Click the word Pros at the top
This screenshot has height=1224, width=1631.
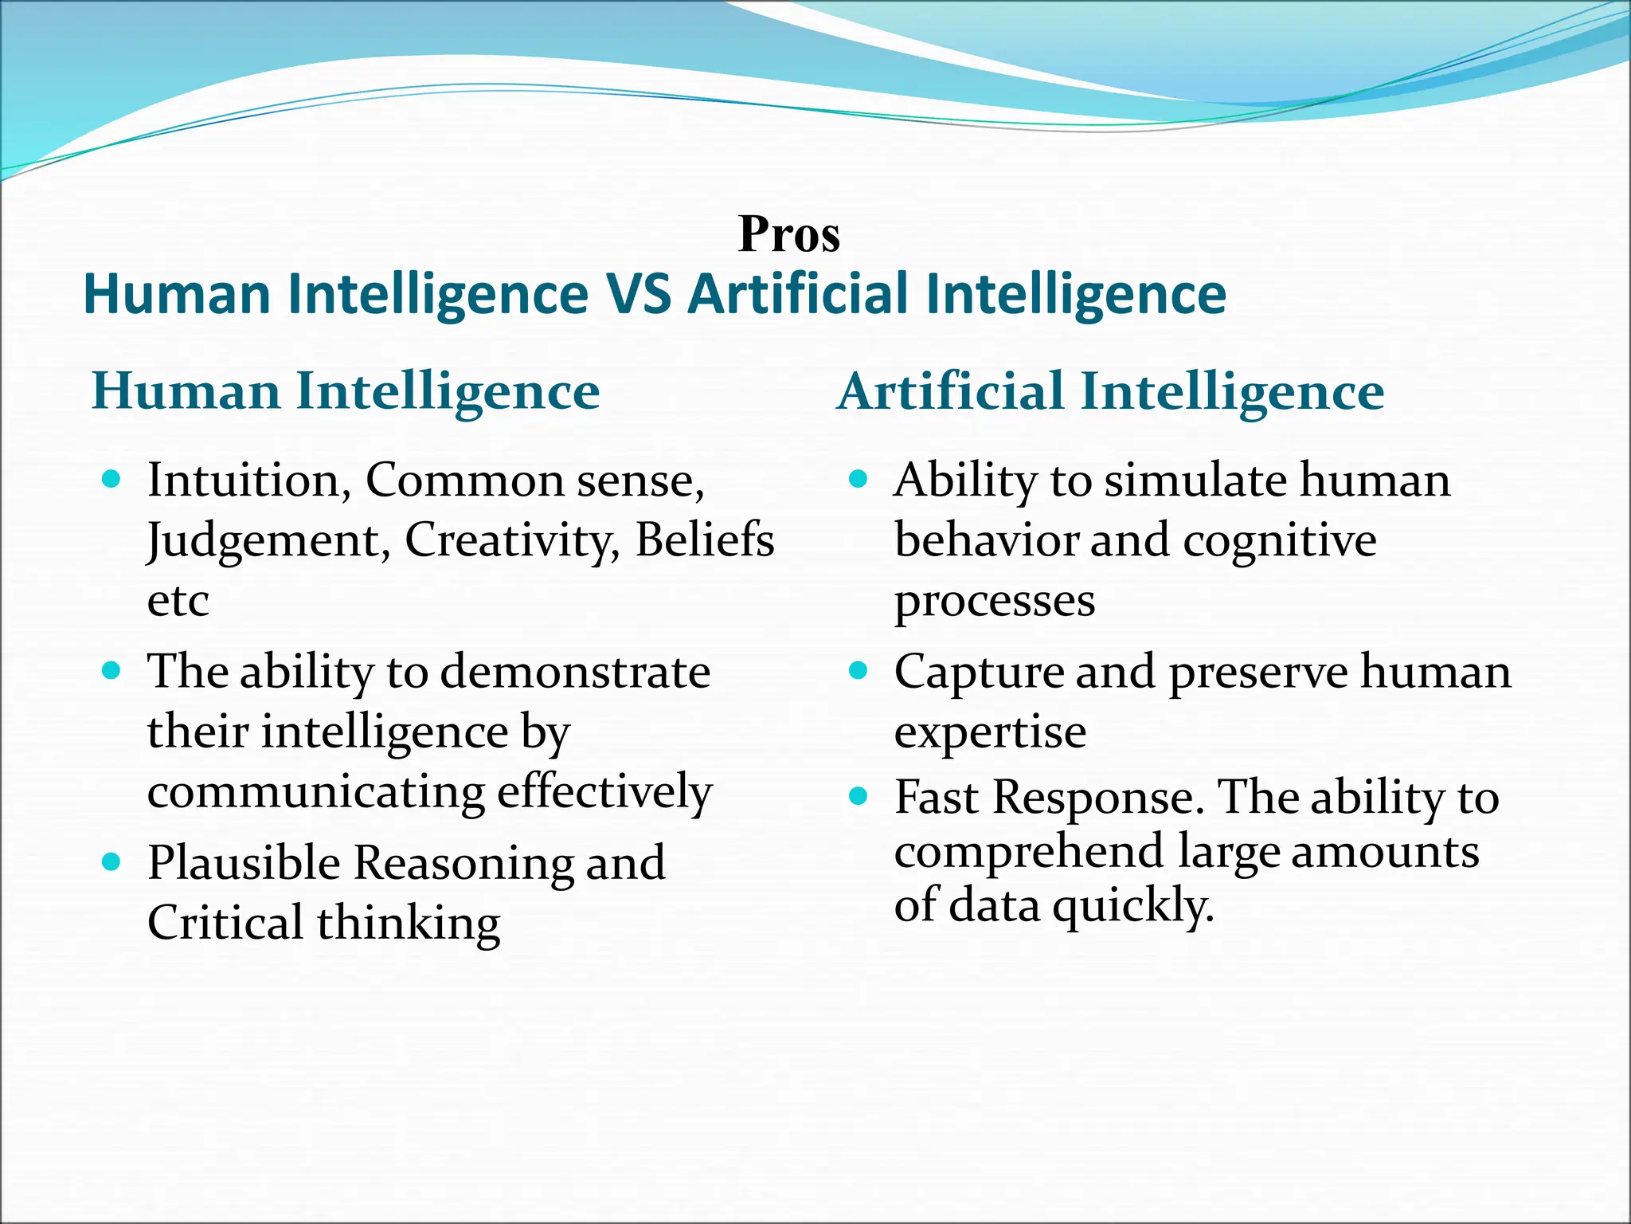[788, 234]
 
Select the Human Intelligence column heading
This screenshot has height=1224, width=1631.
[346, 392]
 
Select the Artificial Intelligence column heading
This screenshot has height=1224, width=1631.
[1110, 392]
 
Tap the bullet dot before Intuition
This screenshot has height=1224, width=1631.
[111, 479]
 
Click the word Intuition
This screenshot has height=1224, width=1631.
[249, 481]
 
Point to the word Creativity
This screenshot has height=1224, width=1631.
[511, 540]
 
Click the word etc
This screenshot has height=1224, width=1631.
[178, 601]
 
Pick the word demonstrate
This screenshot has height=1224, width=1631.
[575, 672]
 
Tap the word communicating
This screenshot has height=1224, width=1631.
[315, 792]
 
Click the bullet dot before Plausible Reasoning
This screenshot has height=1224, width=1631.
[111, 861]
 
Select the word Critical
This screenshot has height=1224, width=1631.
[225, 923]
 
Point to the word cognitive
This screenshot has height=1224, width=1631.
[1279, 540]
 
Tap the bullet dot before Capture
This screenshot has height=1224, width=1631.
[858, 671]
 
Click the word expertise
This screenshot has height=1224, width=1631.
[990, 732]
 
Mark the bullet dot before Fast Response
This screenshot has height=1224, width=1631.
[858, 795]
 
